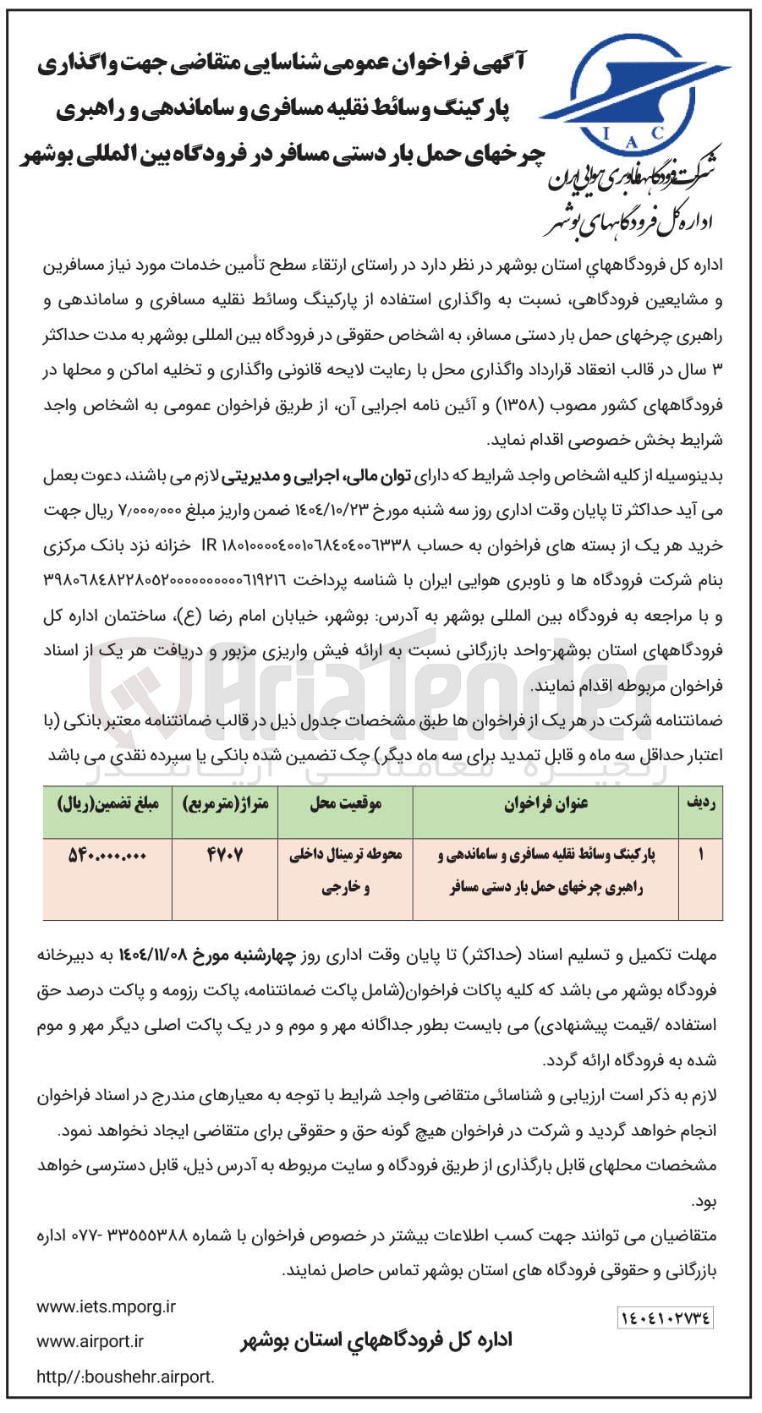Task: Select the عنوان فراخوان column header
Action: point(546,803)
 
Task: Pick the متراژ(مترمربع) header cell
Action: point(225,803)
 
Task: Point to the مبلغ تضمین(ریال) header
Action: point(107,803)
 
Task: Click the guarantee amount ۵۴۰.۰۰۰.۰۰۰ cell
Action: point(107,855)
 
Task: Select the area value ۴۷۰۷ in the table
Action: point(225,855)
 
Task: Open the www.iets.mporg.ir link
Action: point(106,1307)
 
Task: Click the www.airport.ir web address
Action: point(90,1342)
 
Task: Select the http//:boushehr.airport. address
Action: point(125,1377)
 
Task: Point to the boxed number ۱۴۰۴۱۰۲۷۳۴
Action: point(666,1317)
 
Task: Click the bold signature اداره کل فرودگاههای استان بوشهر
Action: point(376,1341)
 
